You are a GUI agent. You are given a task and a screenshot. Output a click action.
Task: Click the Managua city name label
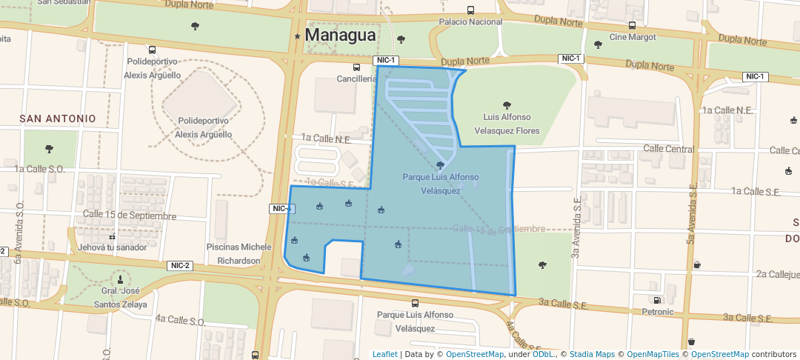click(x=340, y=35)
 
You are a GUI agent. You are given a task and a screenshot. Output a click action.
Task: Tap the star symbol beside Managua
click(x=297, y=36)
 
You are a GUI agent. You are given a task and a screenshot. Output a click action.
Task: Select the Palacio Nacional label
click(x=470, y=22)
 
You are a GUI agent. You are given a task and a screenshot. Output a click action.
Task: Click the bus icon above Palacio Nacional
click(x=470, y=10)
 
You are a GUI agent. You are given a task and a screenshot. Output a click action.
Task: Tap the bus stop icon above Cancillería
click(x=356, y=67)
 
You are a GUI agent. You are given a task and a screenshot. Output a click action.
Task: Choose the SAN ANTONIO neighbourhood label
click(x=58, y=119)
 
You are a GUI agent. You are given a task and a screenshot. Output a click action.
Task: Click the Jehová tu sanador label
click(x=111, y=247)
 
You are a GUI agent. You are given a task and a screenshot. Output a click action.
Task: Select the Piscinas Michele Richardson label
click(x=239, y=253)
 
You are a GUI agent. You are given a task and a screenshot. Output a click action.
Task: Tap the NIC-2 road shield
click(x=180, y=266)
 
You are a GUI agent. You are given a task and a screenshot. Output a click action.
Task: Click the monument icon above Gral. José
click(x=120, y=279)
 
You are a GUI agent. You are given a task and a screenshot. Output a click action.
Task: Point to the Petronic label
click(x=658, y=312)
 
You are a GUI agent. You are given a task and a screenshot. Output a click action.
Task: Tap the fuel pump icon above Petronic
click(x=656, y=300)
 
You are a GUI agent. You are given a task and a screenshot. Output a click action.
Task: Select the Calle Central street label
click(x=669, y=149)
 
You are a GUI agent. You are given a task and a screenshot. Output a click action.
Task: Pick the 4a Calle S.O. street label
click(x=180, y=321)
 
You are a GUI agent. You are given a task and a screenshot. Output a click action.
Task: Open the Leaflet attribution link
click(x=384, y=354)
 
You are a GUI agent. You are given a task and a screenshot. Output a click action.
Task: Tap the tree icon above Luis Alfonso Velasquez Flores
click(x=507, y=105)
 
